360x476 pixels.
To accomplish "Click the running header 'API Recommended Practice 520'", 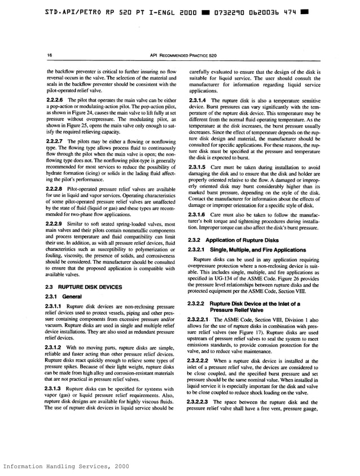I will tap(180, 55).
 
